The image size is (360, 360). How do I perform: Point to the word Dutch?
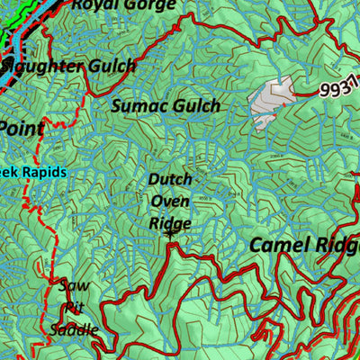(170, 180)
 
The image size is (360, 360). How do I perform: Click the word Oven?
(170, 202)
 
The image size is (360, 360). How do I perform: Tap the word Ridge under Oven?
(170, 223)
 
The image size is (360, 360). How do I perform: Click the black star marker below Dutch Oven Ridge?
(170, 235)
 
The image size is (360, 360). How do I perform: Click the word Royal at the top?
(93, 5)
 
